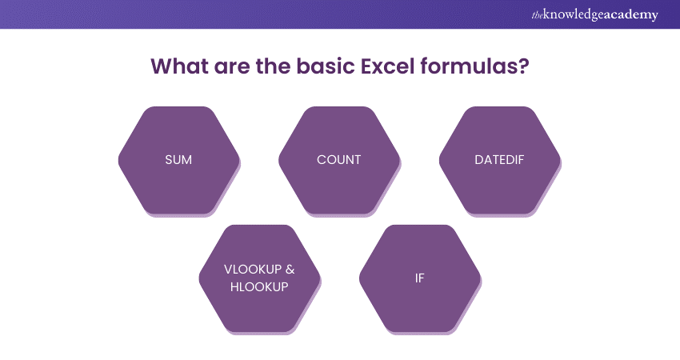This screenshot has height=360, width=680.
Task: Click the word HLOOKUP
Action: (x=259, y=287)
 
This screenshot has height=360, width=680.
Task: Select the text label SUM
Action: (x=178, y=159)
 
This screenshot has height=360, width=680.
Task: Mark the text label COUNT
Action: (x=338, y=159)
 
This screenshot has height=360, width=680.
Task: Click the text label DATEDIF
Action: (x=499, y=159)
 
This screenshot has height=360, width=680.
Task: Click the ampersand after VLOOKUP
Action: (x=290, y=270)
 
